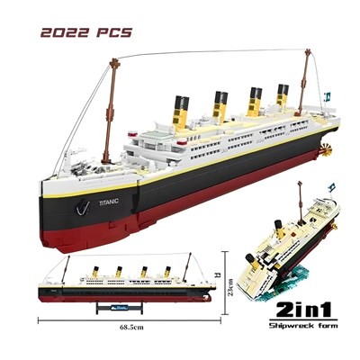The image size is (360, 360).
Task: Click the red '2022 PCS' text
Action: point(86,32)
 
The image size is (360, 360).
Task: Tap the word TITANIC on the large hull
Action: point(109,202)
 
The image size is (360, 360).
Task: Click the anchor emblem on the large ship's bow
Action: point(83,208)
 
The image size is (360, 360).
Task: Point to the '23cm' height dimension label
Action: point(230,287)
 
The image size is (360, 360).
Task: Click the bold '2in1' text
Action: point(303,310)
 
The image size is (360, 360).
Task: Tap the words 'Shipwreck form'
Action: point(303,325)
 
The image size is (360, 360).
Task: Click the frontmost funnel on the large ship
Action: point(181,112)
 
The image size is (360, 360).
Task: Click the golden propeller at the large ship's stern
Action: point(326,150)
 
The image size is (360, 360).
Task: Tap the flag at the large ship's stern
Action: point(327,97)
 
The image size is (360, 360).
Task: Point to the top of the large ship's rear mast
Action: point(308,52)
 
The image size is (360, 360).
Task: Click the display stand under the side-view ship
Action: point(120,308)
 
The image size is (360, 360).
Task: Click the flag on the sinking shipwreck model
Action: point(331,187)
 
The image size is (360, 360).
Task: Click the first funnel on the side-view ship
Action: point(95,272)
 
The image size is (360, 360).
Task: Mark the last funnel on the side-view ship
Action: point(167,272)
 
